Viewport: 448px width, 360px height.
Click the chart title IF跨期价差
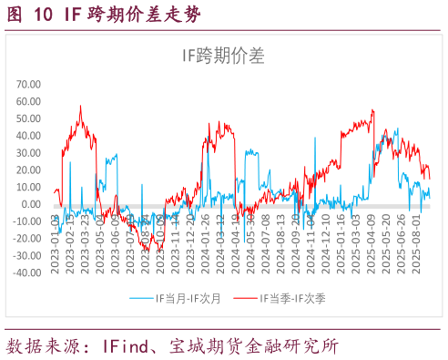coord(223,57)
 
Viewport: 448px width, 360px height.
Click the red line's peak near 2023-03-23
coord(81,106)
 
